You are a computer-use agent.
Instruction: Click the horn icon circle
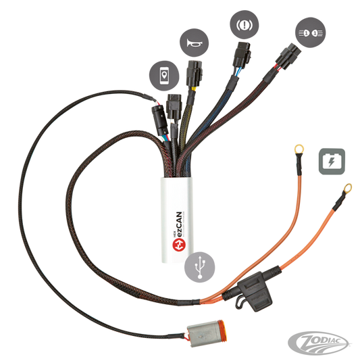[x=194, y=43]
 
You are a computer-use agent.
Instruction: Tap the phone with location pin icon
[x=164, y=76]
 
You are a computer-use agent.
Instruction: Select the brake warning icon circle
[x=245, y=24]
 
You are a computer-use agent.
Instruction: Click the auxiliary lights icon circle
[x=311, y=32]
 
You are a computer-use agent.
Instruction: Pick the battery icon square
[x=332, y=162]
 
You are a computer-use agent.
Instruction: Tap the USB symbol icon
[x=200, y=267]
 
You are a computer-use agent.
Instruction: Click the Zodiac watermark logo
[x=319, y=343]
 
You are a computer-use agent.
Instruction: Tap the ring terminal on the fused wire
[x=348, y=188]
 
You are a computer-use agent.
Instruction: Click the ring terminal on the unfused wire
[x=299, y=149]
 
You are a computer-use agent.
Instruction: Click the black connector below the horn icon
[x=195, y=74]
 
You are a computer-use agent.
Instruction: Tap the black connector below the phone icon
[x=174, y=107]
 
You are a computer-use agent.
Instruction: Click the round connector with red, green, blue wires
[x=160, y=120]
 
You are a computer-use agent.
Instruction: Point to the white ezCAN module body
[x=177, y=220]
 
